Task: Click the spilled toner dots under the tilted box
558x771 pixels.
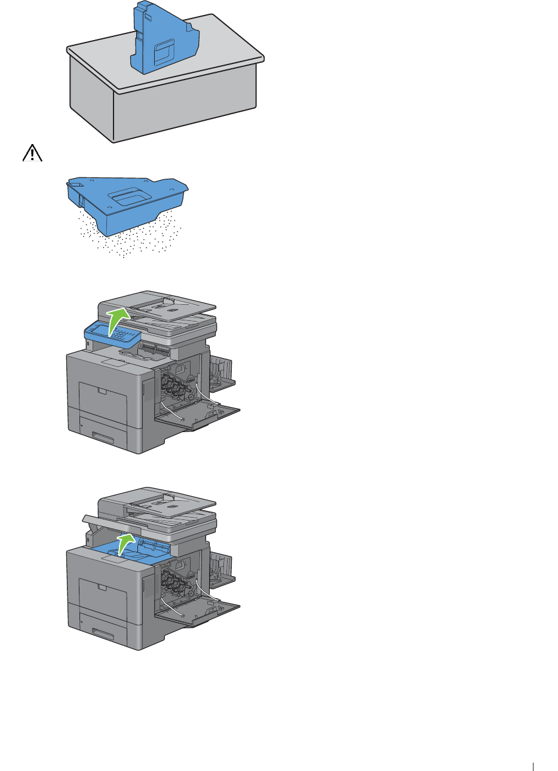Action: click(x=131, y=242)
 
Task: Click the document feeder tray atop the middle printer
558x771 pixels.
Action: click(x=170, y=305)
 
